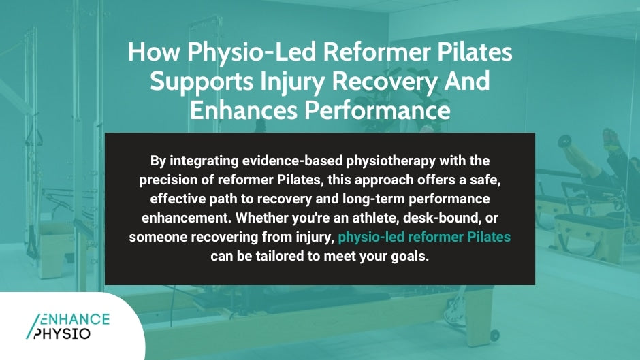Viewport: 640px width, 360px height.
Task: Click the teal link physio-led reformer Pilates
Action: click(424, 238)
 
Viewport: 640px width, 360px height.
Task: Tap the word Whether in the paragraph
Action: click(332, 219)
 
